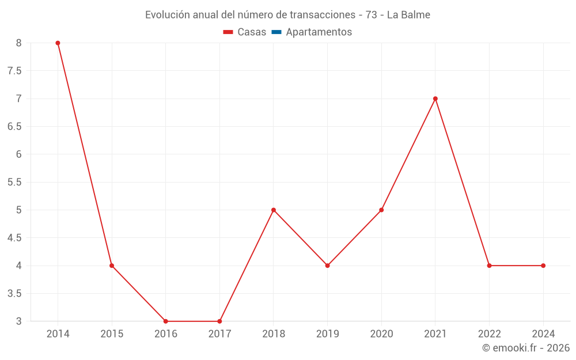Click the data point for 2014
[58, 43]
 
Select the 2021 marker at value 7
[435, 98]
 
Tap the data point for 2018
[274, 210]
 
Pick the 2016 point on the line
[166, 321]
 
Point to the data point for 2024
[543, 266]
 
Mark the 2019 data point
[327, 266]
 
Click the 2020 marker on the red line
[381, 210]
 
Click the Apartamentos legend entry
[319, 32]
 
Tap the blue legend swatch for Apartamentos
[276, 32]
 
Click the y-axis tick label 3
[18, 321]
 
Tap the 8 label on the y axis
[18, 43]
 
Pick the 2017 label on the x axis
[219, 334]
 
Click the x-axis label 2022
[489, 334]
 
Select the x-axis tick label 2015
[112, 334]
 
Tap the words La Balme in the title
[408, 15]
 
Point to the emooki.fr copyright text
[526, 348]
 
